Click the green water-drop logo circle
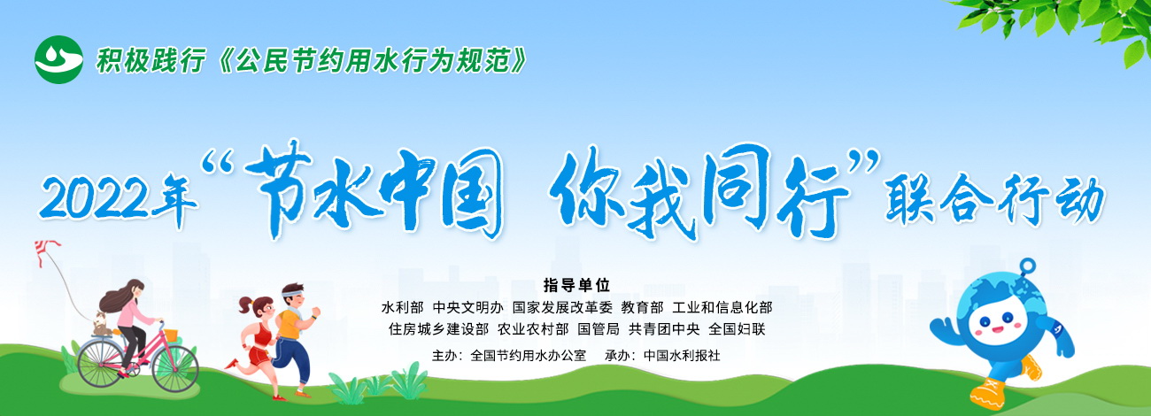[x=58, y=59]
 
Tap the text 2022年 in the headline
[x=119, y=198]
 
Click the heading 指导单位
[x=576, y=284]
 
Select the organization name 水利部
[x=402, y=307]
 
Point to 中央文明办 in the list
[x=467, y=307]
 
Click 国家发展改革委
[x=562, y=307]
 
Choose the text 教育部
[x=642, y=307]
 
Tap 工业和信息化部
[x=722, y=307]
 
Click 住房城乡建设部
[x=438, y=328]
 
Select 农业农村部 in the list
[x=533, y=328]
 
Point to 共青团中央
[x=664, y=328]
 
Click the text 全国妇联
[x=737, y=328]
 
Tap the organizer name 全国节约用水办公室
[x=529, y=356]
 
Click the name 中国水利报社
[x=682, y=356]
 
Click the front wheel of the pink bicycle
[x=174, y=368]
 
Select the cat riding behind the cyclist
[x=103, y=324]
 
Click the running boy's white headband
[x=293, y=294]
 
